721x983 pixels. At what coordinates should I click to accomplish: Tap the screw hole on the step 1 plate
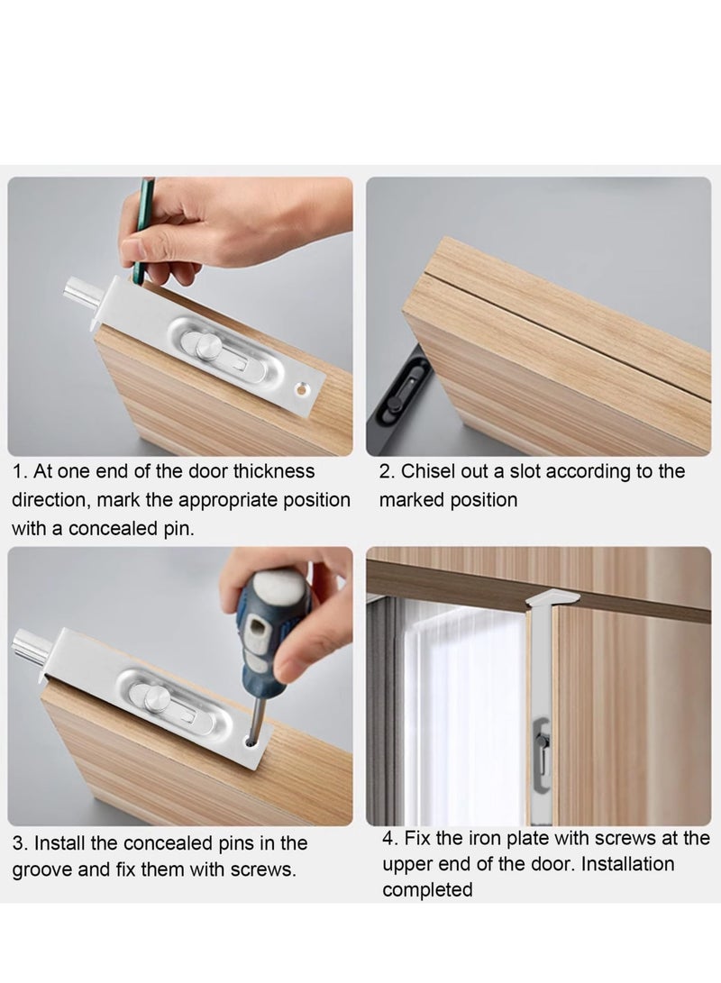click(303, 390)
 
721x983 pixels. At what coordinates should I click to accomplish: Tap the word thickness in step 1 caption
click(274, 471)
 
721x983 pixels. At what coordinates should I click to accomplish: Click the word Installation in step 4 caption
click(627, 864)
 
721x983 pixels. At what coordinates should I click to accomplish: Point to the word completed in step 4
click(427, 890)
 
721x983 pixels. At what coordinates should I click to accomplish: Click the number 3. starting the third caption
click(20, 843)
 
